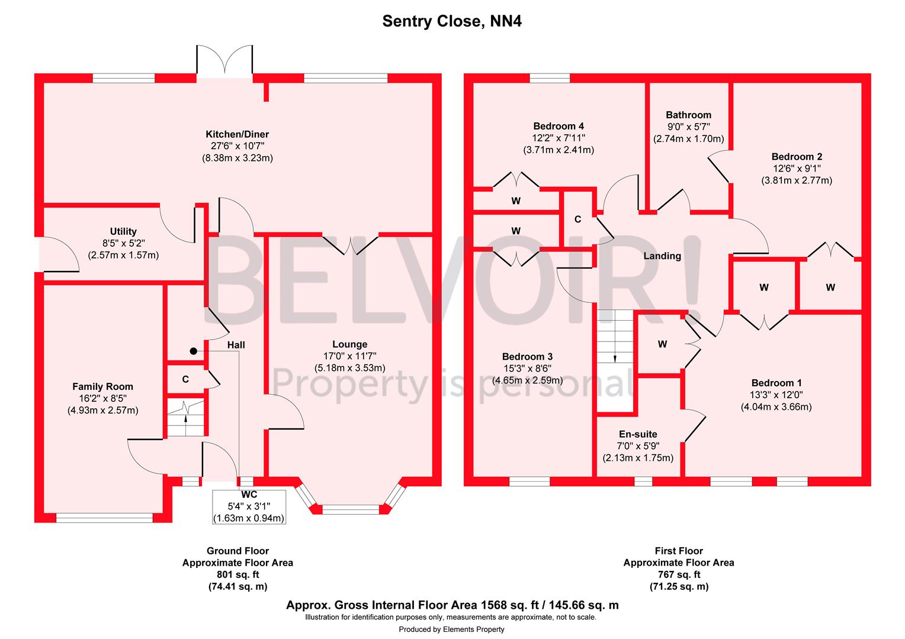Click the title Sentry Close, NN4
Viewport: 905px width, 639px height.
click(x=452, y=22)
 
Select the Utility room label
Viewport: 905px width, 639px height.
click(x=123, y=231)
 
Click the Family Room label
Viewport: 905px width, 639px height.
click(x=102, y=386)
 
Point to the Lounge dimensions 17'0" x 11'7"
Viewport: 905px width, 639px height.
click(x=349, y=356)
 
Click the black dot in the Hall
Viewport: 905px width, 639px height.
click(x=193, y=351)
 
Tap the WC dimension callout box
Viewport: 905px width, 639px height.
click(x=249, y=506)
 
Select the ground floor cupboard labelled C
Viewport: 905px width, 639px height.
click(x=185, y=379)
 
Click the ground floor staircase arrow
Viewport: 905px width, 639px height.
click(x=186, y=419)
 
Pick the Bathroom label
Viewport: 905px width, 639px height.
click(x=688, y=115)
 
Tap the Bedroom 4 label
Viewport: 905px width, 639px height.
click(x=559, y=126)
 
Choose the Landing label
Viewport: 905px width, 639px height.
click(x=662, y=256)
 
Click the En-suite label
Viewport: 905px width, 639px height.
click(x=638, y=434)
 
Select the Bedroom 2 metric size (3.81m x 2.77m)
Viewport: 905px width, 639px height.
click(x=797, y=180)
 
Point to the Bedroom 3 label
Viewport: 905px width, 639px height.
click(x=527, y=357)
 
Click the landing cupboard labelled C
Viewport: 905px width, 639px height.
click(x=577, y=220)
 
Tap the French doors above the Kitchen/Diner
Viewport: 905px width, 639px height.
click(x=225, y=60)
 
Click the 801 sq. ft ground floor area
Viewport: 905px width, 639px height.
click(x=237, y=575)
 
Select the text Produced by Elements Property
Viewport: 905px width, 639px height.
click(x=451, y=629)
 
